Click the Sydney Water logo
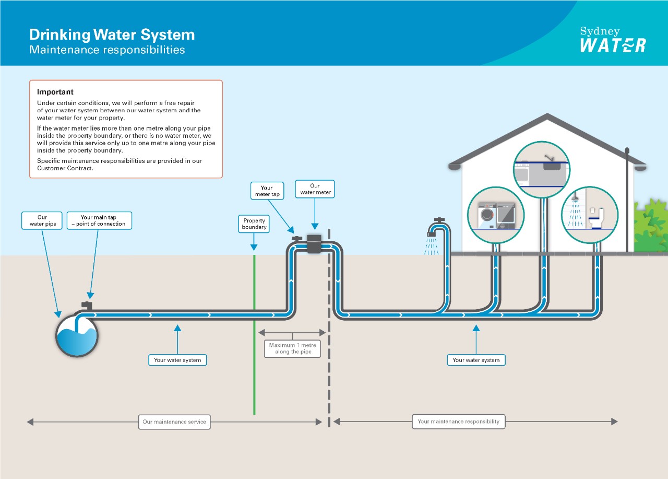click(613, 40)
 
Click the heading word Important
click(55, 92)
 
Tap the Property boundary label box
click(254, 224)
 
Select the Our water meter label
click(315, 189)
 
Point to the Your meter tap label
click(267, 191)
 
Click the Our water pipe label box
click(42, 220)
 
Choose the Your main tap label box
click(99, 220)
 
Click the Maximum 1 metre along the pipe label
click(292, 348)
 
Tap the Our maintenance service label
click(174, 422)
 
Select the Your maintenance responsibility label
click(459, 422)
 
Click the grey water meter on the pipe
click(314, 244)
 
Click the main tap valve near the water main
click(87, 305)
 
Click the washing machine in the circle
click(488, 215)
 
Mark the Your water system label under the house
click(476, 360)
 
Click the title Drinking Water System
click(112, 35)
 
